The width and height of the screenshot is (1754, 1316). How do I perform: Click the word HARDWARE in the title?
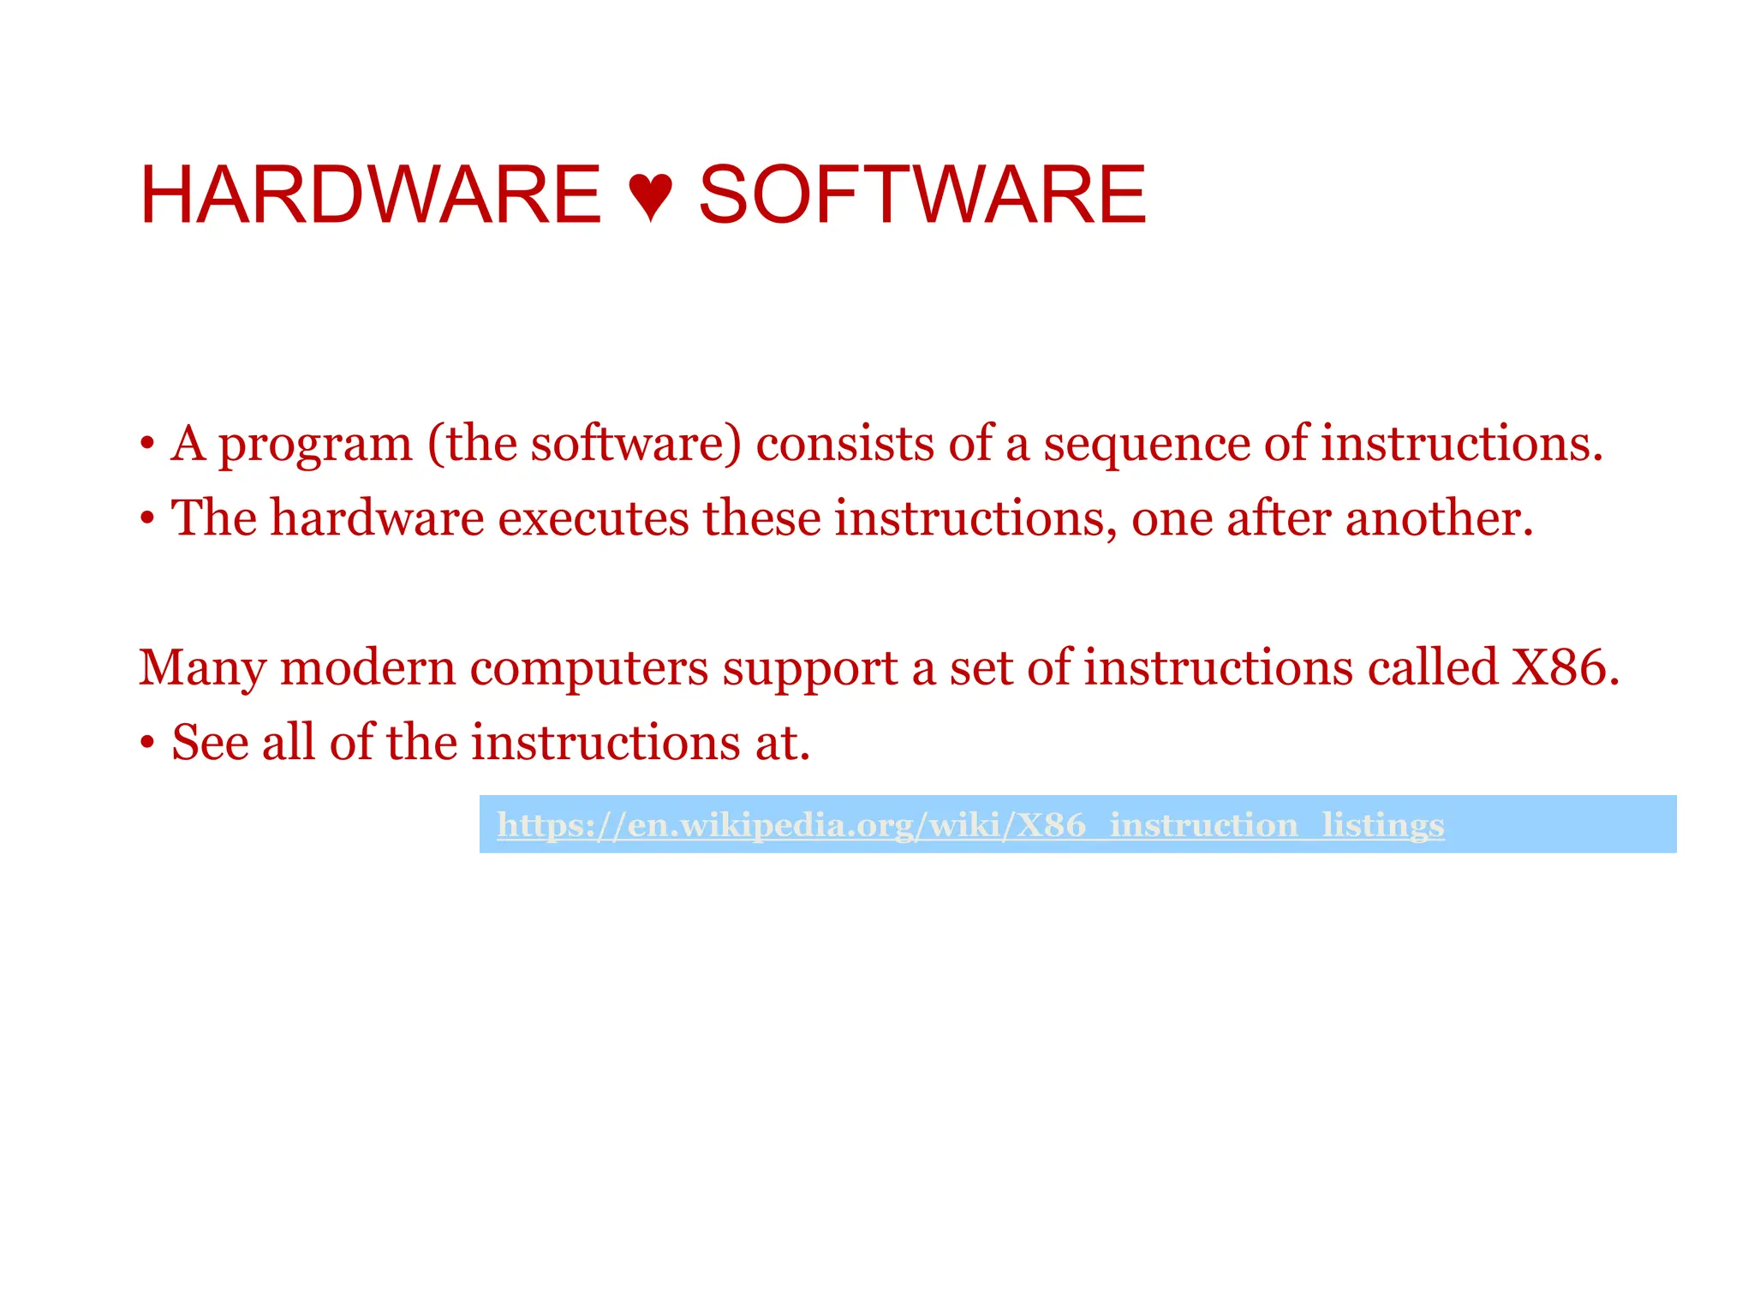point(370,195)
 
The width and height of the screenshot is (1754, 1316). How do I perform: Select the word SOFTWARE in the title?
point(922,195)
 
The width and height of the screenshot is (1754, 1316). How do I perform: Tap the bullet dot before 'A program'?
point(147,445)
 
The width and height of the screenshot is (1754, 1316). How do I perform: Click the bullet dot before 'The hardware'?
point(147,519)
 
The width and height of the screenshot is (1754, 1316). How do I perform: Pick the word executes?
point(593,519)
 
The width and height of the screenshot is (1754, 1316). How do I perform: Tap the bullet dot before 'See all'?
point(147,743)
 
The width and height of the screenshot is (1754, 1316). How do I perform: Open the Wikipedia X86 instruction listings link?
point(969,825)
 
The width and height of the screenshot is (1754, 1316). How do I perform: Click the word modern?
point(367,668)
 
